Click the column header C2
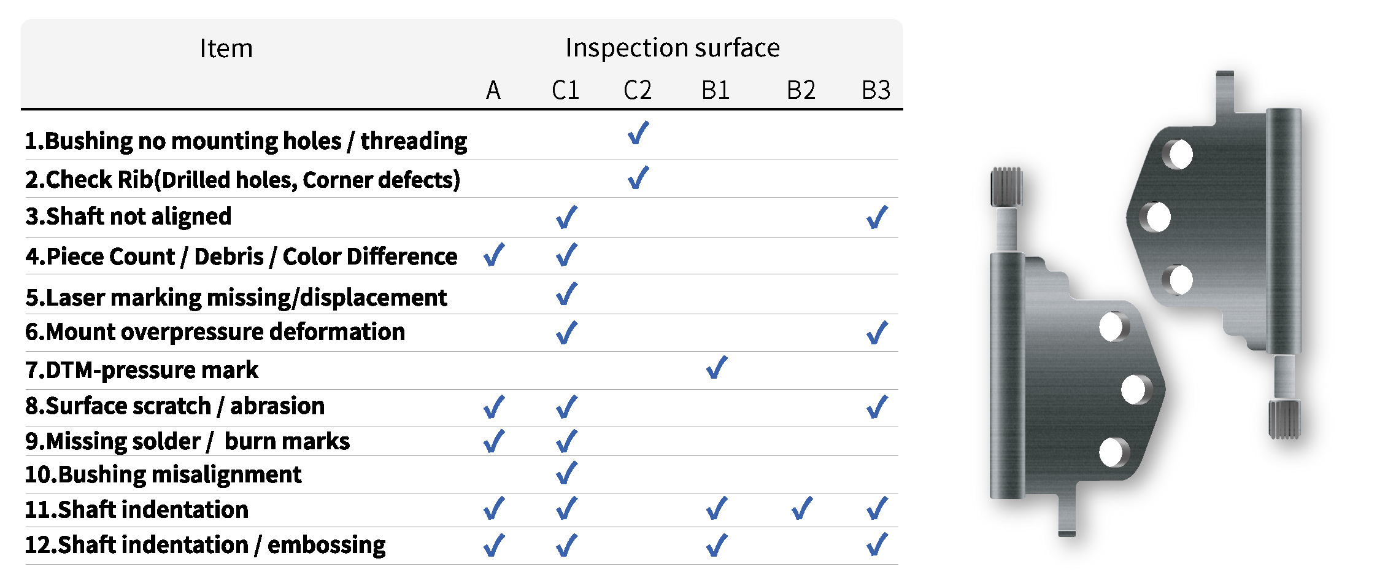pos(637,90)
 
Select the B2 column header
pos(801,90)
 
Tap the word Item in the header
pos(226,48)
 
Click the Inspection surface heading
pos(673,48)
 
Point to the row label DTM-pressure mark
pos(142,370)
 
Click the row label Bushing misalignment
pos(163,474)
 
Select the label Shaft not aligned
pos(128,216)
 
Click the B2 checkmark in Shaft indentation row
pos(802,508)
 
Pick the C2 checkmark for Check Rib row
pos(638,177)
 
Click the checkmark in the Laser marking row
pos(566,293)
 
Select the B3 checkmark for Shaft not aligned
pos(877,217)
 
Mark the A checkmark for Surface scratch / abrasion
pos(494,406)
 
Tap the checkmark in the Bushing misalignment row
pos(566,473)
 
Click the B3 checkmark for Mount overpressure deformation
pos(877,333)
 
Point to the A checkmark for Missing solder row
pos(494,441)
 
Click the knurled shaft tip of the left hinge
pos(1006,187)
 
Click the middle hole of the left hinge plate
pos(1133,389)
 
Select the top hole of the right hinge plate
pos(1180,154)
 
